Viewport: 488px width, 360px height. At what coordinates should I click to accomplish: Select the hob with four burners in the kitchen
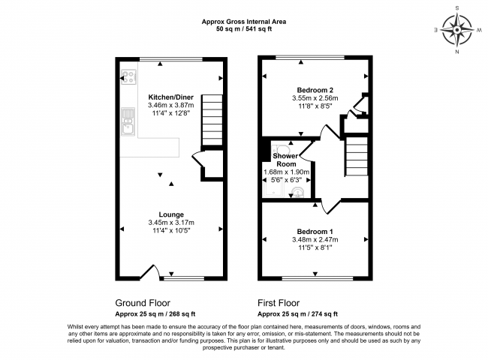127,76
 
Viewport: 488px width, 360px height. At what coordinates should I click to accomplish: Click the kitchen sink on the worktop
127,122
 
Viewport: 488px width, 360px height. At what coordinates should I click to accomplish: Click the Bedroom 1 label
315,231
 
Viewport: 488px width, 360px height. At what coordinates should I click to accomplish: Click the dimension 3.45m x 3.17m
170,223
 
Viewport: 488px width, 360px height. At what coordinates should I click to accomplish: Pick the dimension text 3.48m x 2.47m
315,240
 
